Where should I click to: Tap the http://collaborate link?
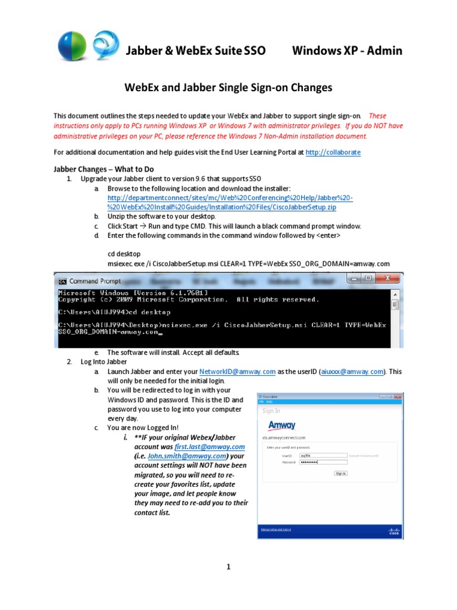(333, 152)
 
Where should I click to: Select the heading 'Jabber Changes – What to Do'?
(104, 169)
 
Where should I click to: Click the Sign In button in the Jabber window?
(341, 473)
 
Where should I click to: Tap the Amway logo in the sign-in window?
(281, 425)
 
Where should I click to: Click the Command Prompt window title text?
(95, 281)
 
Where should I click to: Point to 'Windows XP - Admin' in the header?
(347, 51)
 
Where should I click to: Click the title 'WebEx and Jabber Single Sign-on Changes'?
(228, 88)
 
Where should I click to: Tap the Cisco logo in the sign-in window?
(394, 530)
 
